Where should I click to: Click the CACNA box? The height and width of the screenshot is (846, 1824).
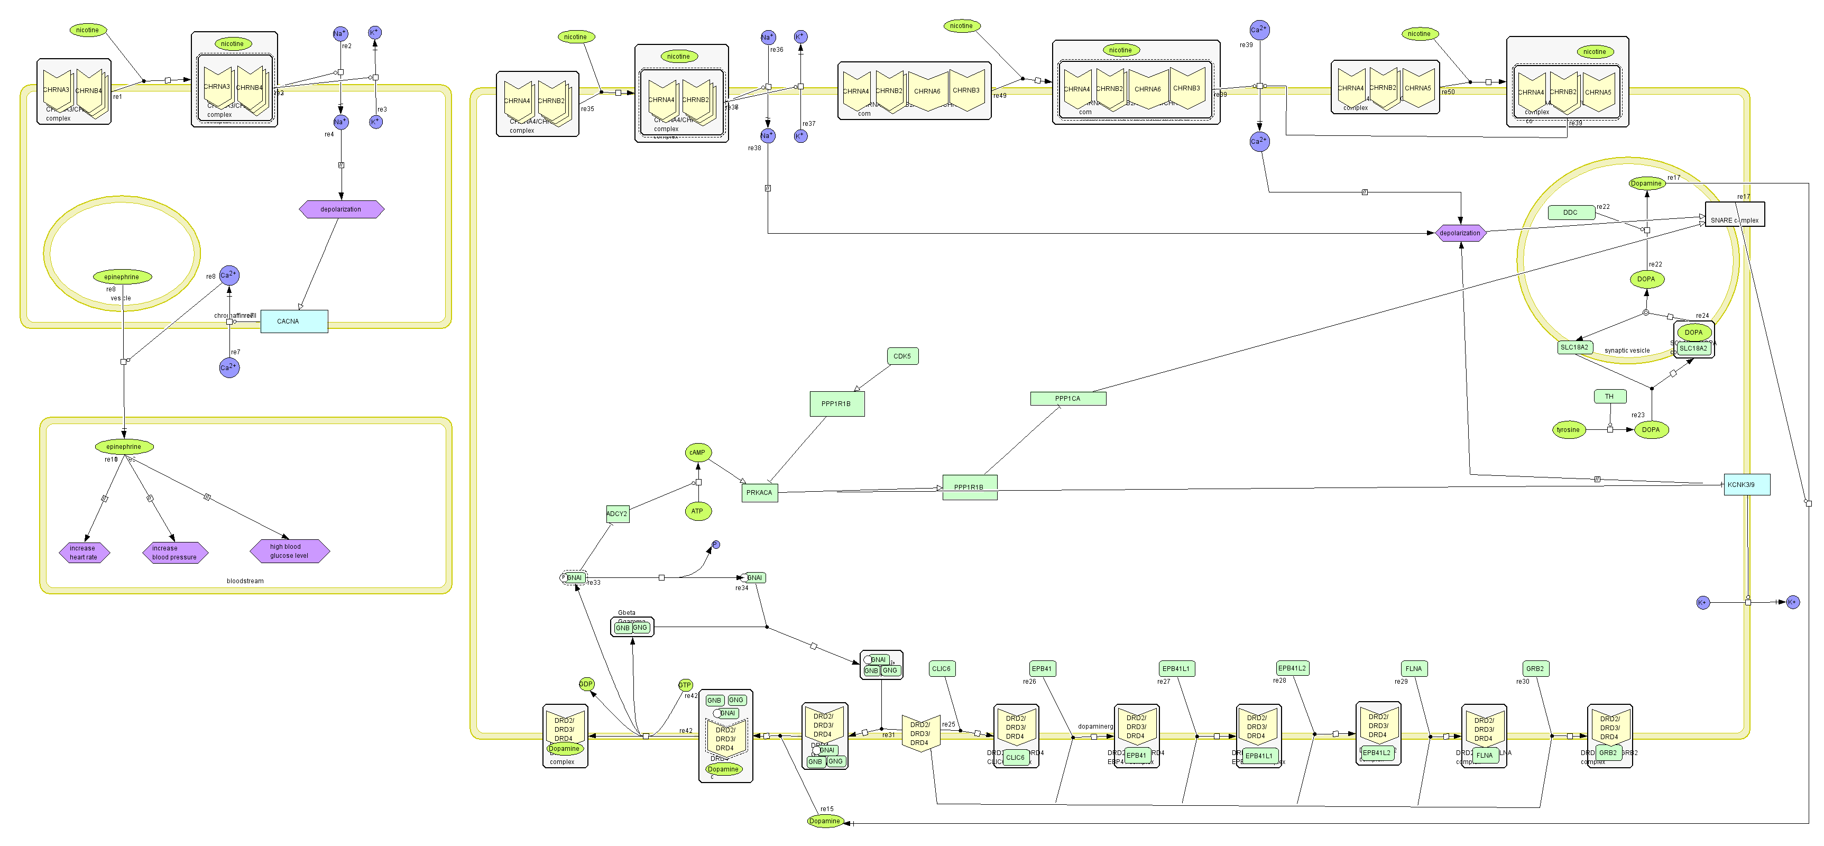click(294, 321)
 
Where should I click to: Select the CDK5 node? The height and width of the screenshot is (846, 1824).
click(902, 356)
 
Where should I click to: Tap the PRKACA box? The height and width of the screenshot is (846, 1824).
click(759, 493)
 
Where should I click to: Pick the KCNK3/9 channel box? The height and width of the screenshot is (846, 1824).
click(1746, 485)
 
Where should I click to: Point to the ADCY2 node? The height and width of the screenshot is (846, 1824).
click(618, 514)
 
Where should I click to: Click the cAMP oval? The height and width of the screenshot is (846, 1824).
click(697, 453)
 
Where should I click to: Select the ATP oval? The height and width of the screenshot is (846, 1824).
click(697, 511)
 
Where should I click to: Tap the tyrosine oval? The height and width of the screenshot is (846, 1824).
click(1568, 430)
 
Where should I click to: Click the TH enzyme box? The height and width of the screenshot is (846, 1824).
click(1609, 397)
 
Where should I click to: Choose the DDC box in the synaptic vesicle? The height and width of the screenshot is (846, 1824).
click(1571, 213)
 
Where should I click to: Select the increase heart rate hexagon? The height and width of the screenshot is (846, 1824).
click(84, 552)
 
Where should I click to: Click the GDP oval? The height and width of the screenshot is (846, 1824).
click(586, 684)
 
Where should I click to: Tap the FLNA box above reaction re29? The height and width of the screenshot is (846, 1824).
click(1413, 668)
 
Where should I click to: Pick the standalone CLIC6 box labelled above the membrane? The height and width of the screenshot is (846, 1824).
click(941, 668)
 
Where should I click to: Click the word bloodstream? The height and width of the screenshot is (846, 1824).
click(245, 581)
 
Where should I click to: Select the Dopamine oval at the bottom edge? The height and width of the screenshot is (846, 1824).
click(825, 821)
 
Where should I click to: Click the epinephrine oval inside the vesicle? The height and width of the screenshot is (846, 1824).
click(122, 277)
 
